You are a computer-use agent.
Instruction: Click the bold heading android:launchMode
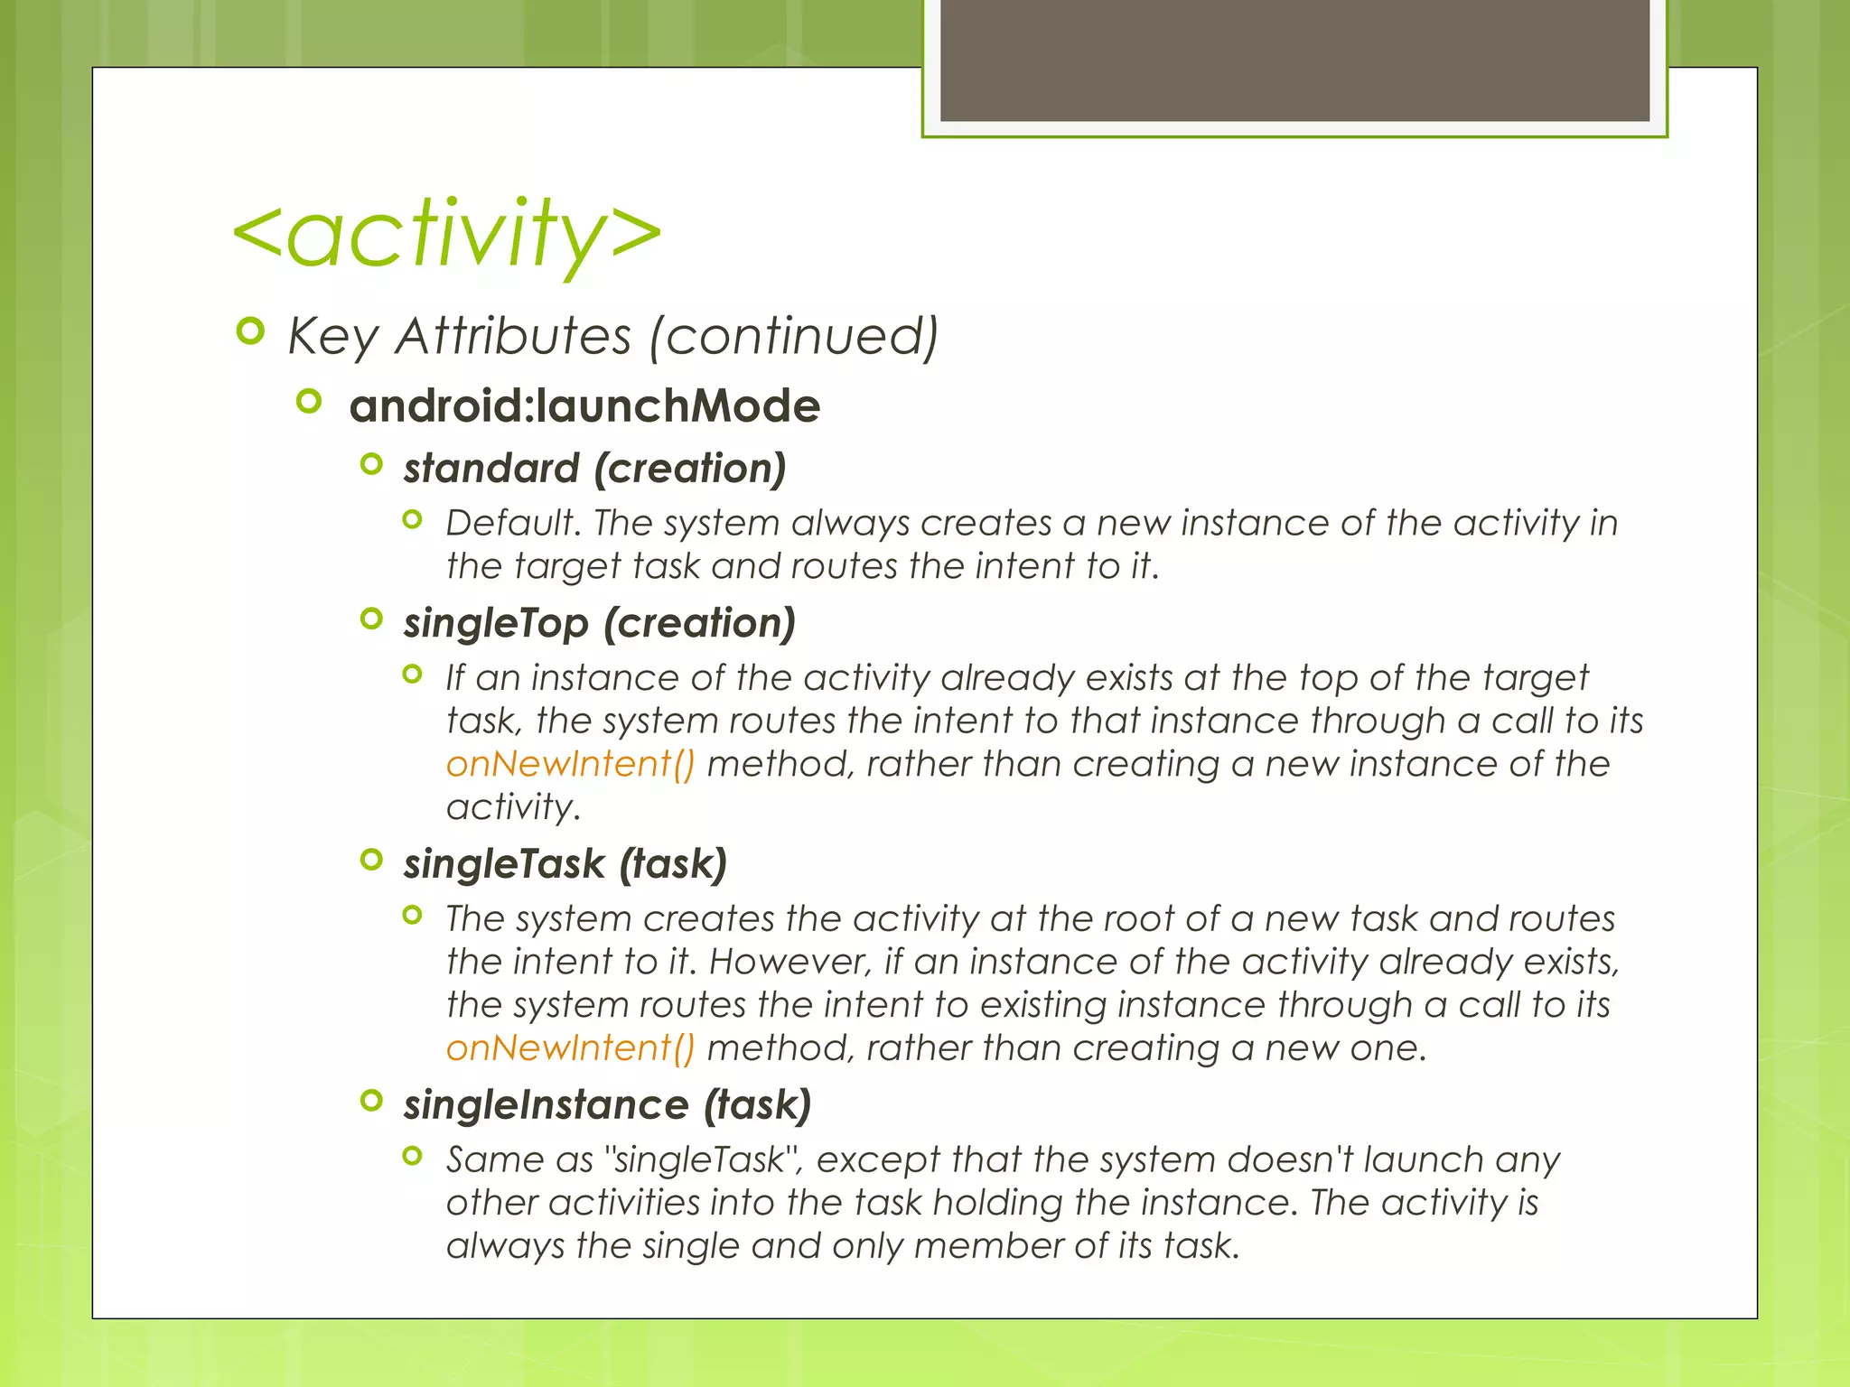pyautogui.click(x=584, y=405)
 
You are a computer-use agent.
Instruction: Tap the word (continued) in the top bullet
pyautogui.click(x=793, y=337)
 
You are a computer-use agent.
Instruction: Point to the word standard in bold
pyautogui.click(x=491, y=469)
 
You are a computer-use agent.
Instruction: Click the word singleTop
pyautogui.click(x=496, y=623)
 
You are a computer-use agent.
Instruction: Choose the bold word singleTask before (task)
pyautogui.click(x=504, y=864)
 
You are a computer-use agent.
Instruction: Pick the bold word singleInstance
pyautogui.click(x=547, y=1105)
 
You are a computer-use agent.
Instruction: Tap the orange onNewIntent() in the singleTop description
pyautogui.click(x=571, y=764)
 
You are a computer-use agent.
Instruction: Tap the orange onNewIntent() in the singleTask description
pyautogui.click(x=571, y=1048)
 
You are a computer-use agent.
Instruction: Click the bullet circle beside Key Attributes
pyautogui.click(x=250, y=331)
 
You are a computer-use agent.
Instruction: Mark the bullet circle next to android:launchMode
pyautogui.click(x=309, y=401)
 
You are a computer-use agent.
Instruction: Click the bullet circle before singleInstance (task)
pyautogui.click(x=371, y=1100)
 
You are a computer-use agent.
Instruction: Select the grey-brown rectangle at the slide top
pyautogui.click(x=1294, y=60)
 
